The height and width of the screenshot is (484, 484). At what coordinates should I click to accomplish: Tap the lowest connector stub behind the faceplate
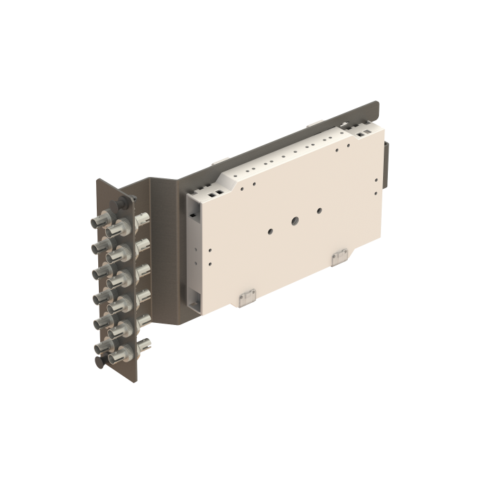point(142,342)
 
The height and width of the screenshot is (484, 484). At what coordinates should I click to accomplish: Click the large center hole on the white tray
point(295,222)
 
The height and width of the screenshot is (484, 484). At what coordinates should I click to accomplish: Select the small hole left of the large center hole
point(270,232)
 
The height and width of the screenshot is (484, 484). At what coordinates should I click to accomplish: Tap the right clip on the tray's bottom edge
point(339,257)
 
